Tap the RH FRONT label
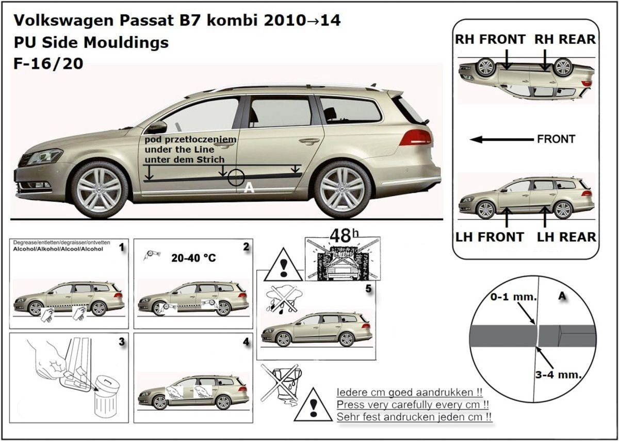490,39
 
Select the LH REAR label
566,237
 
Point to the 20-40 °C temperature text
193,257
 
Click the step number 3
121,341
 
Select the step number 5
368,289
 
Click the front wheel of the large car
100,189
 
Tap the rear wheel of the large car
342,190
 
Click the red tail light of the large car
415,137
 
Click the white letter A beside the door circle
249,189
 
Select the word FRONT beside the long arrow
556,139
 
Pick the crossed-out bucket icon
281,382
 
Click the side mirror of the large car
157,127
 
